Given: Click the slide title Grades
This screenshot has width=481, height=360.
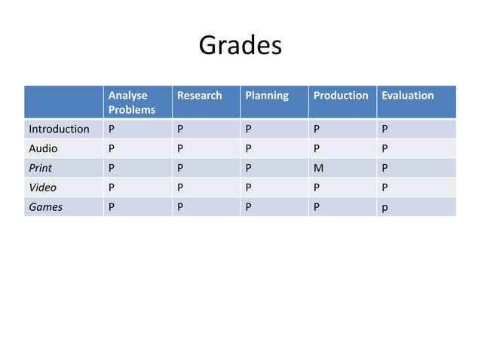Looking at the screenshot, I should tap(240, 46).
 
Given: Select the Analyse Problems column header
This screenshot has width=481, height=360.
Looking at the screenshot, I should tap(132, 102).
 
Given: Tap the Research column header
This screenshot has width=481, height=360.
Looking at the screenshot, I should tap(199, 96).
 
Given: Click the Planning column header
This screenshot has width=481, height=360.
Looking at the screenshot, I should tap(266, 96).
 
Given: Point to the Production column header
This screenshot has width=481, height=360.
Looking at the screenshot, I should tap(341, 96).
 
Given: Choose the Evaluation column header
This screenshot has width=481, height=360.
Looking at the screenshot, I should tap(408, 96).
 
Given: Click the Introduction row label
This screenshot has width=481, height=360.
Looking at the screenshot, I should tap(59, 129).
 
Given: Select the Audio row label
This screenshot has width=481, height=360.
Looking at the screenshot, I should tap(43, 148).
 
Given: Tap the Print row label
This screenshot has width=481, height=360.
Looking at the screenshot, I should tap(41, 168).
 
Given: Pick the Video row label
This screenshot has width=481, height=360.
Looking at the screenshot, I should tap(42, 188).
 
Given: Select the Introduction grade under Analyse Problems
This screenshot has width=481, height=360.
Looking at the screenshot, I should tap(112, 129).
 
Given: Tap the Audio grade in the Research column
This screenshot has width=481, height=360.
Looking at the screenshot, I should tap(179, 148).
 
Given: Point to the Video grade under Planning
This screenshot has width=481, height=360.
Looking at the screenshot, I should tap(247, 188).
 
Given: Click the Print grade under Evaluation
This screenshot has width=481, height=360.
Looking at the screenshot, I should tap(385, 168).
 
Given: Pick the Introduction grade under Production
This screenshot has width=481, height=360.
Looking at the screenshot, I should tap(317, 129).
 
